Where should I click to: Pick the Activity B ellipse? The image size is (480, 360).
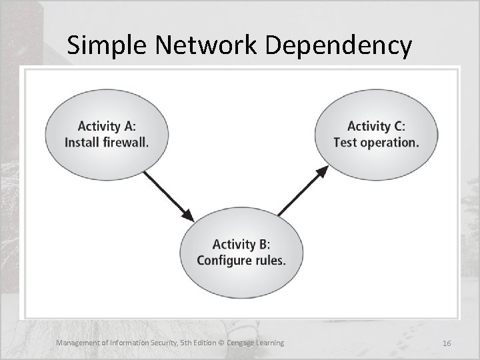click(241, 252)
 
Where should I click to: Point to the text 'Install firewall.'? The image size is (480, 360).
click(107, 142)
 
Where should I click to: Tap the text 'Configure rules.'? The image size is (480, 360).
click(241, 261)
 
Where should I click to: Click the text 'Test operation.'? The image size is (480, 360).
click(377, 142)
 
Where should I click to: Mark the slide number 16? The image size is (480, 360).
click(447, 343)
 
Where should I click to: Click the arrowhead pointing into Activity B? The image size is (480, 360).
click(189, 216)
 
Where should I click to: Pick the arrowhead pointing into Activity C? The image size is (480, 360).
click(322, 171)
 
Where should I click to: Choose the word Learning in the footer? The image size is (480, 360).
click(270, 343)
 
